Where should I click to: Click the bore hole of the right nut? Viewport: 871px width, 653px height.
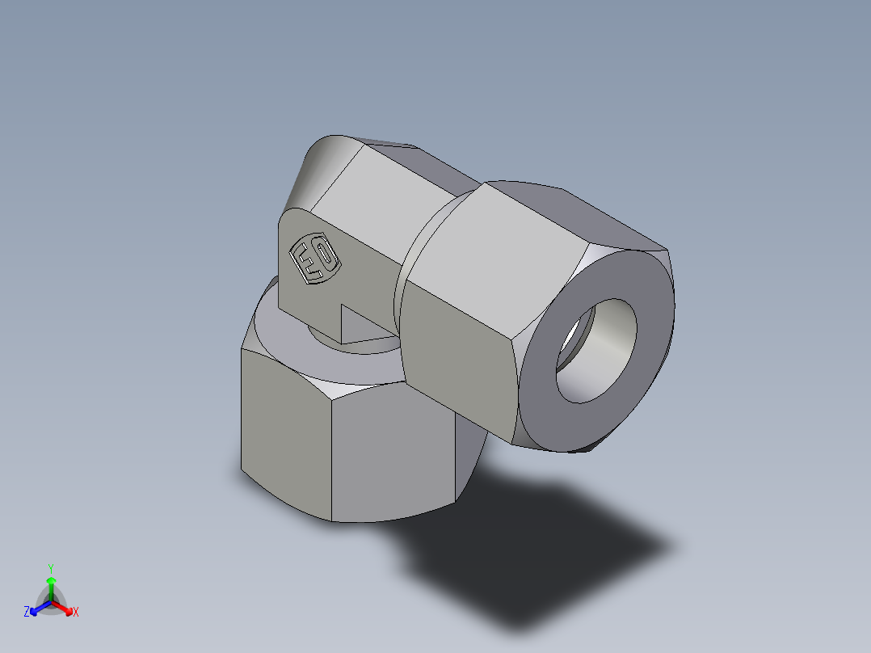(x=596, y=352)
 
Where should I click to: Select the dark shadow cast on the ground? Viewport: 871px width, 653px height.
(x=533, y=550)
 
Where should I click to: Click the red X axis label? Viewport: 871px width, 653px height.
(x=76, y=613)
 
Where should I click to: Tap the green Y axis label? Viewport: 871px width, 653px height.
(x=50, y=567)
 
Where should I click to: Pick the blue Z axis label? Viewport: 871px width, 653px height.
(x=27, y=613)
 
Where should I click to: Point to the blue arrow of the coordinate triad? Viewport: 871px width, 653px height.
(x=37, y=609)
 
